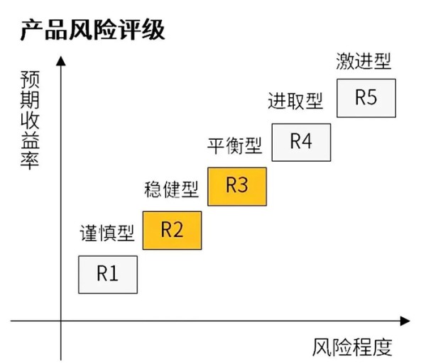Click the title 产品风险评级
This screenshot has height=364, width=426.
coord(92,30)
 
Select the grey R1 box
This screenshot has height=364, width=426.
coord(108,275)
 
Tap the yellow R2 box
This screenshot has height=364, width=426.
coord(173,231)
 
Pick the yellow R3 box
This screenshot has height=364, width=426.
coord(237,187)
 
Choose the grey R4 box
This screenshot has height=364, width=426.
coord(301,143)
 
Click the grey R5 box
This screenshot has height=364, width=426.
coord(366,98)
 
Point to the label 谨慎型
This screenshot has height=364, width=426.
coord(107,233)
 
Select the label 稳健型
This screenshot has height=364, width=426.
coord(171,189)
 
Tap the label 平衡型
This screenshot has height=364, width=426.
coord(235,145)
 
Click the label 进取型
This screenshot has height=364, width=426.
coord(295,101)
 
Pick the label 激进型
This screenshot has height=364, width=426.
coord(364,61)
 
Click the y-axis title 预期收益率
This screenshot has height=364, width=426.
coord(30,120)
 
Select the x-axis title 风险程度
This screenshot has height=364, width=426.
coord(352,347)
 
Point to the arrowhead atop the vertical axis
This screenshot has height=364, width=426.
coord(61,60)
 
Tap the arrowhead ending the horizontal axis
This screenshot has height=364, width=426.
coord(405,321)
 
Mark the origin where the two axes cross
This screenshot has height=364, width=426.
coord(61,321)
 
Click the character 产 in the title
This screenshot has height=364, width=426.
coord(32,30)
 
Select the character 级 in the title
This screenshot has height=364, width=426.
coord(153,30)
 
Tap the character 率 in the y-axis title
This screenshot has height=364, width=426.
coord(30,162)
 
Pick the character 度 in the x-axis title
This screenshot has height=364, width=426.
coord(383,347)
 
